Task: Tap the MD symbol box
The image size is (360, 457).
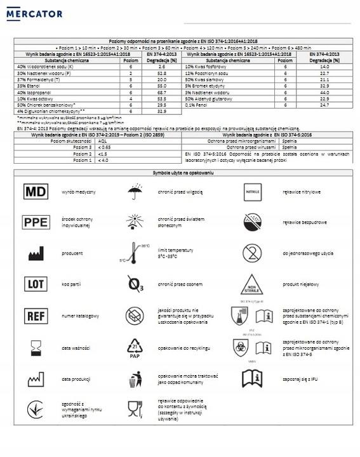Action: [36, 191]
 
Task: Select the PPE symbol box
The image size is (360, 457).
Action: [36, 223]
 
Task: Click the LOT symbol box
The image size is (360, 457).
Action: [36, 283]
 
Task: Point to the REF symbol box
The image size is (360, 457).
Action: [36, 315]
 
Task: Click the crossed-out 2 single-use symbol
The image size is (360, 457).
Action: [255, 253]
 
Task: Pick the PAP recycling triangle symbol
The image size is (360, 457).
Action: [136, 348]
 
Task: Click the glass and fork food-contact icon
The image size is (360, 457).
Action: [135, 408]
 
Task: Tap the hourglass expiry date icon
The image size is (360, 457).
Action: [36, 348]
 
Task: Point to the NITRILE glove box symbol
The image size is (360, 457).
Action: [255, 191]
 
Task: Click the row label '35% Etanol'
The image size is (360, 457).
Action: [29, 85]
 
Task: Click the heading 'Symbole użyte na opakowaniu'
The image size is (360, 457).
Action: [181, 173]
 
